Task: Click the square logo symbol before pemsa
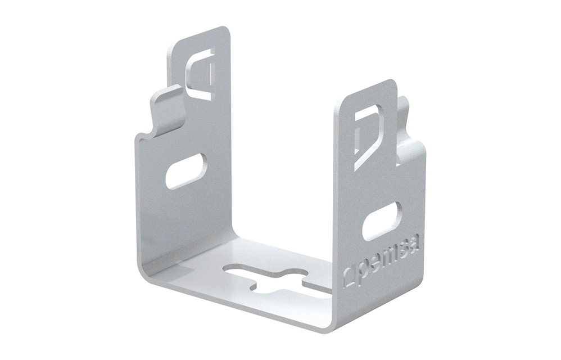point(350,276)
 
